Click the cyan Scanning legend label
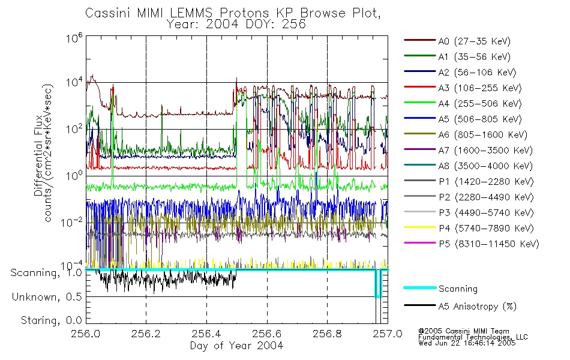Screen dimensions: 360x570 458,289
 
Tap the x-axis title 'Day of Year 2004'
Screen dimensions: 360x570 236,346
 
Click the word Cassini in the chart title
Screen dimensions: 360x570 105,13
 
